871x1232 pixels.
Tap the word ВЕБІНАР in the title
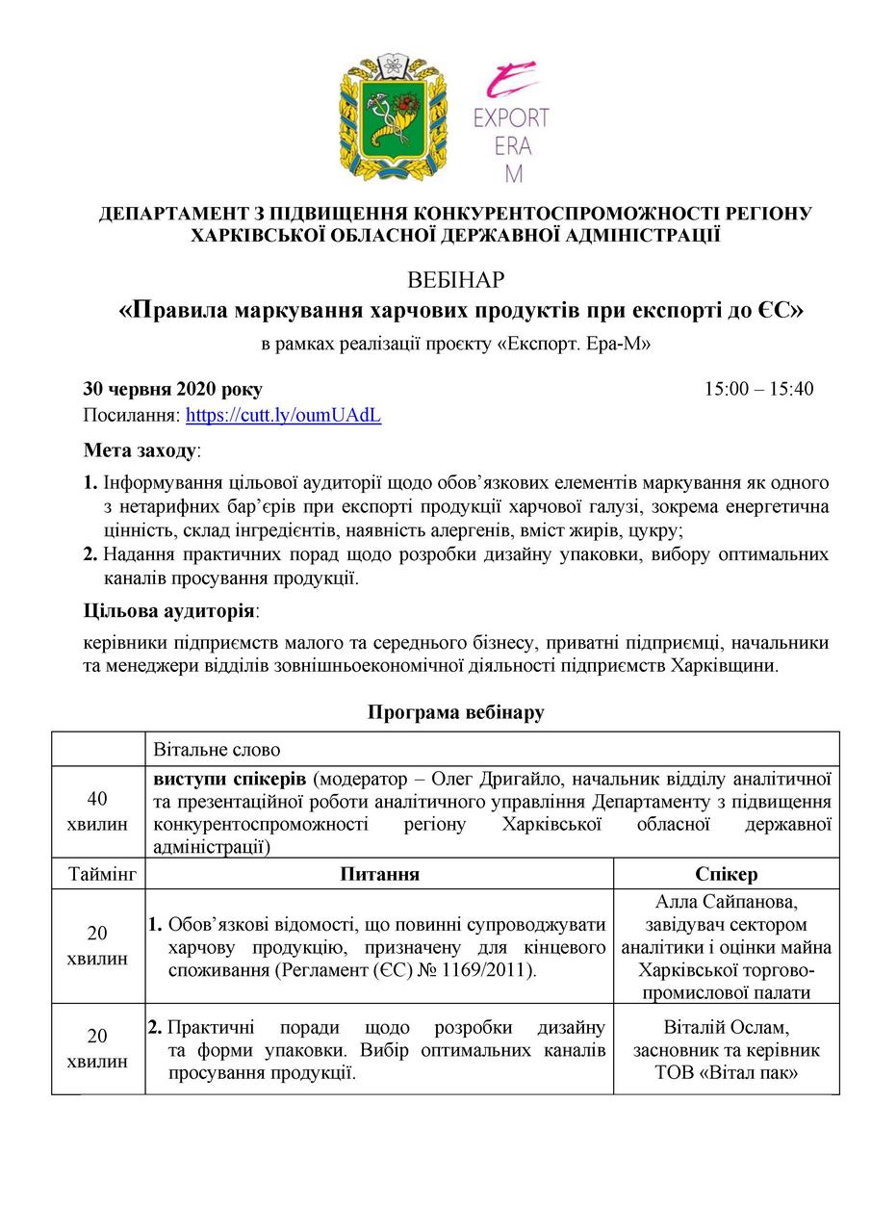456,281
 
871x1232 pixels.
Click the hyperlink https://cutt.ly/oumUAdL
283,416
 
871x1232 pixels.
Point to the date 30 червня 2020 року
172,390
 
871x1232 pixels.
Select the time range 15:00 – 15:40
758,390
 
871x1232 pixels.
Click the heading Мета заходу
140,450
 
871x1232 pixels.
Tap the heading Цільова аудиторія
170,611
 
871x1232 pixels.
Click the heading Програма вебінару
455,712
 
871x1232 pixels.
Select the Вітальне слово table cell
217,749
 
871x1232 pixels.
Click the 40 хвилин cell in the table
97,811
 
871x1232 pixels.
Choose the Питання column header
379,874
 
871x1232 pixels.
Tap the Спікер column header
726,874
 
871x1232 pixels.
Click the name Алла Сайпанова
726,902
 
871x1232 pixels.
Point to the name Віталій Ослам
726,1026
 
